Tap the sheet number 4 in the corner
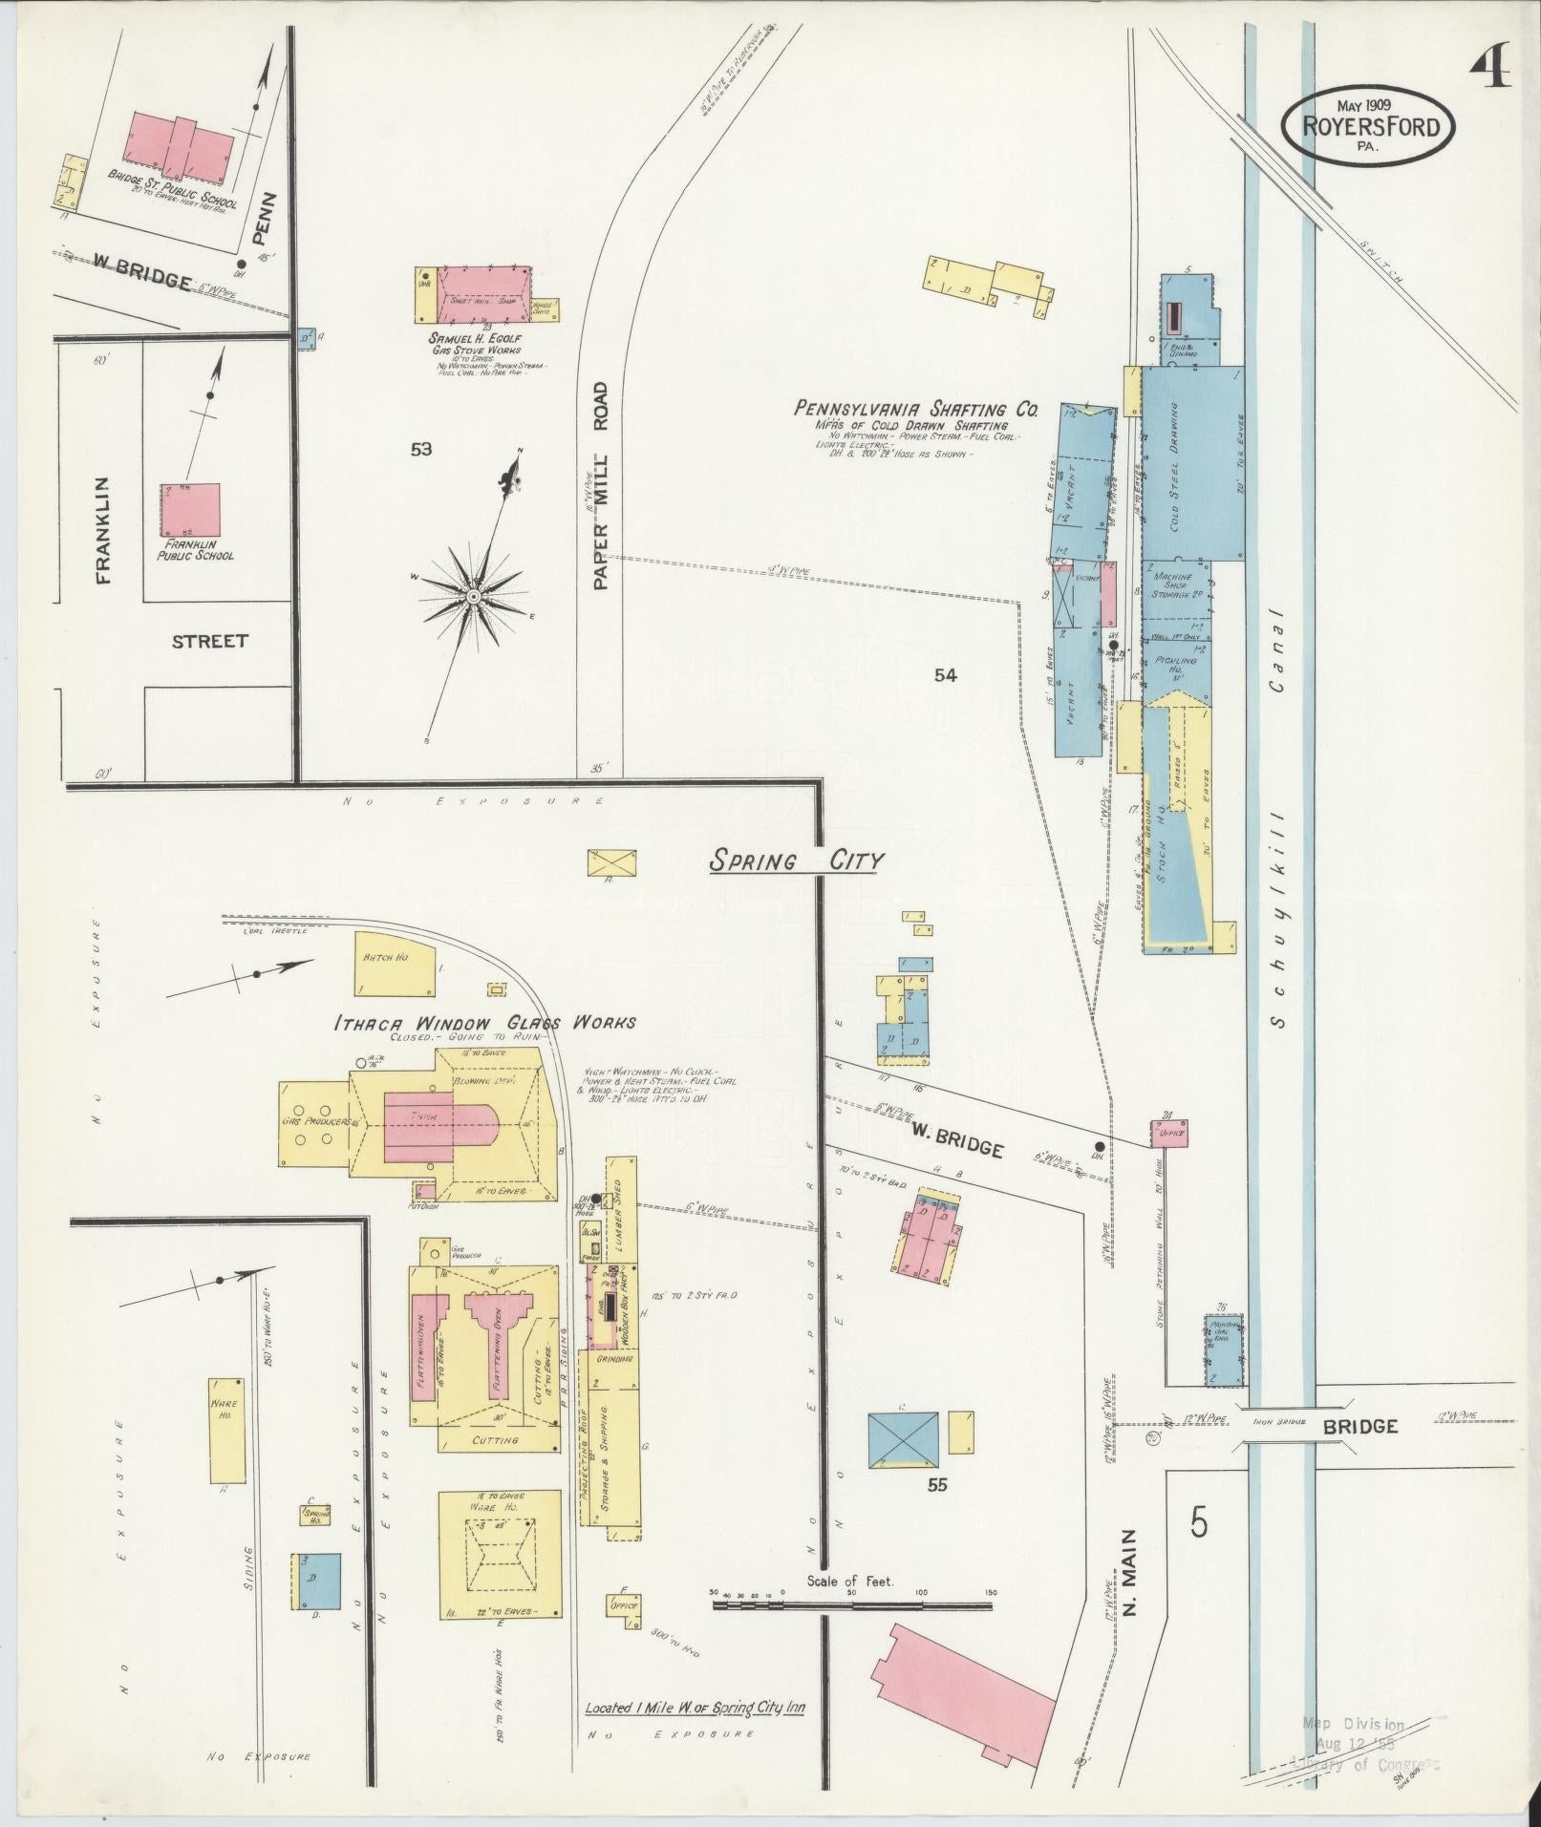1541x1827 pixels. coord(1490,67)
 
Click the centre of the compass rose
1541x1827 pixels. coord(472,596)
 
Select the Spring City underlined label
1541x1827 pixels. coord(795,860)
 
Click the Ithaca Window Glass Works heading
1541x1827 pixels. coord(483,1023)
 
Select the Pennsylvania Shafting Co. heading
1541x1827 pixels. coord(915,409)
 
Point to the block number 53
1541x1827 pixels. coord(421,450)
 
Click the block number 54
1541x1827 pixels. coord(945,675)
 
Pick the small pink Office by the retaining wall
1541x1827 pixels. coord(1169,1133)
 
